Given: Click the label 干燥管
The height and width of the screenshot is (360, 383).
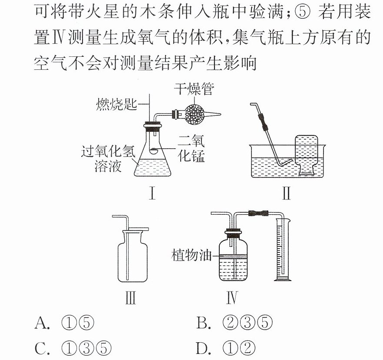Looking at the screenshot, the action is (x=194, y=89).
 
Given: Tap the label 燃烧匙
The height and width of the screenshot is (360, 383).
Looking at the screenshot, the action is (x=116, y=105).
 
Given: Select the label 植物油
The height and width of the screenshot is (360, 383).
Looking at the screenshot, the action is (x=191, y=255).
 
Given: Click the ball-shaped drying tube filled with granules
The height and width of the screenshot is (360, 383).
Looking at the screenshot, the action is (x=194, y=115).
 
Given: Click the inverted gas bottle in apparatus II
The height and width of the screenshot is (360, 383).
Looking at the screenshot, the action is (x=307, y=155).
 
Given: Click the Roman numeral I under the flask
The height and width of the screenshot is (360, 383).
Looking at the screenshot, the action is (x=152, y=193).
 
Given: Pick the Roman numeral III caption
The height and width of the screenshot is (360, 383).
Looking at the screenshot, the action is (x=130, y=298).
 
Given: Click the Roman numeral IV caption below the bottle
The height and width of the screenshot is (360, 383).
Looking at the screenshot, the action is (x=231, y=298).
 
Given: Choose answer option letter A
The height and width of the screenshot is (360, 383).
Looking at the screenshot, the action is (x=42, y=323).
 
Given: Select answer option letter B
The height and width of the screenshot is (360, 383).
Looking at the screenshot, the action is (x=203, y=323).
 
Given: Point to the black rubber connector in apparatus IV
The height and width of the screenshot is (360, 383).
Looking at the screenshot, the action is (x=258, y=213).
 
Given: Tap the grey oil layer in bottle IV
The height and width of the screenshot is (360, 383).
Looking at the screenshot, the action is (x=233, y=257).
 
